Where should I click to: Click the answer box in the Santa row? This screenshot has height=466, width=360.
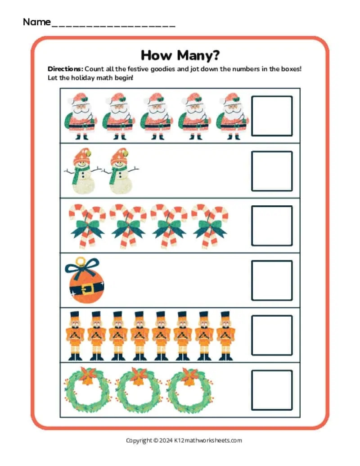coord(272,116)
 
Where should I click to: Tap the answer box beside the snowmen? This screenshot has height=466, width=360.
coord(272,171)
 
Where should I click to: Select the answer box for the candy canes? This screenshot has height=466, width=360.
coord(272,226)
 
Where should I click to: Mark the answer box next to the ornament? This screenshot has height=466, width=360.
coord(272,281)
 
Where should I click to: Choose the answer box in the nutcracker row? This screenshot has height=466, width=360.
coord(272,335)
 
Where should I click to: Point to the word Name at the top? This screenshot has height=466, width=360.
coord(37,22)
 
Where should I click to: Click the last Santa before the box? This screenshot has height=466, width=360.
coord(232,116)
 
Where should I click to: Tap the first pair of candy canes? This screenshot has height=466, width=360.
coord(87,226)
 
